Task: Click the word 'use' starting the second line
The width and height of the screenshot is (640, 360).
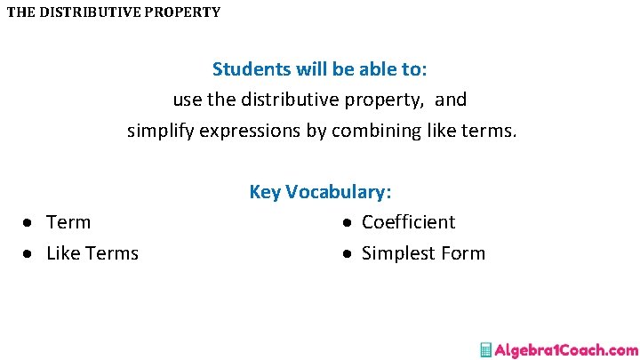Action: (188, 100)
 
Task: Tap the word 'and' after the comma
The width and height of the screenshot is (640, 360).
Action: (451, 100)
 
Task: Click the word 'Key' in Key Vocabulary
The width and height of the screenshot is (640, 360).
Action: (265, 192)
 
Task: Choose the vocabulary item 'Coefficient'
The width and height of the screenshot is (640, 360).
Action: (408, 222)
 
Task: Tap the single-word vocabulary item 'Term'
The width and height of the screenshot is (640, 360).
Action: (68, 222)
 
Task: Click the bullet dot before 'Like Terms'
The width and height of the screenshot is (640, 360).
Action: (28, 254)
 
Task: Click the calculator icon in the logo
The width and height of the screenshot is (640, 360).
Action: (485, 349)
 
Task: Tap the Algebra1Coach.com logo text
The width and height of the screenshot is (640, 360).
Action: (566, 349)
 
